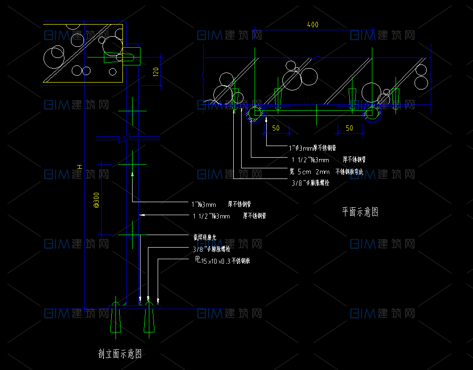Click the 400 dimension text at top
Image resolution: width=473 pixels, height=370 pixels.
point(313,25)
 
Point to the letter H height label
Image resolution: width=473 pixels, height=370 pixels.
point(79,166)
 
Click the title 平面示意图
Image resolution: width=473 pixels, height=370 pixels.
point(360,212)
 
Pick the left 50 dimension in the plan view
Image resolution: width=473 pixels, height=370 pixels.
point(276,128)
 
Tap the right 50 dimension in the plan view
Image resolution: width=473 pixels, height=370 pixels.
point(350,128)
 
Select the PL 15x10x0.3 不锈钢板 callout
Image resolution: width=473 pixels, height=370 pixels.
point(223,261)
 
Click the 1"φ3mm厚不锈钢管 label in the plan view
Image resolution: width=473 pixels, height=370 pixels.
point(312,148)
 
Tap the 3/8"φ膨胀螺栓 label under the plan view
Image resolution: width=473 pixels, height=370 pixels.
point(310,183)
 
